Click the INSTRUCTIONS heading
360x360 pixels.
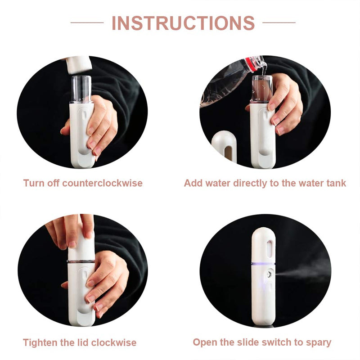pyautogui.click(x=183, y=23)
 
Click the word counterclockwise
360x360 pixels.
pyautogui.click(x=103, y=183)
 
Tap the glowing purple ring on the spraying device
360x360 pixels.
pyautogui.click(x=263, y=264)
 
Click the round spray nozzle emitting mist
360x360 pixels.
pyautogui.click(x=269, y=274)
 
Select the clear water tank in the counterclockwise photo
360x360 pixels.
pyautogui.click(x=81, y=89)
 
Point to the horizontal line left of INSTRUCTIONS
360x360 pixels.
pyautogui.click(x=87, y=23)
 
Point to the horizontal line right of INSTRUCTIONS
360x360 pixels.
pyautogui.click(x=279, y=23)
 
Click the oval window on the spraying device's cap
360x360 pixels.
pyautogui.click(x=270, y=249)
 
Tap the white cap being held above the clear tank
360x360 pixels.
pyautogui.click(x=79, y=64)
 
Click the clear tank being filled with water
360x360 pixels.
pyautogui.click(x=262, y=88)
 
